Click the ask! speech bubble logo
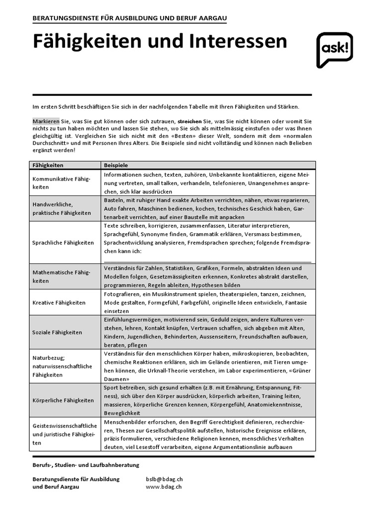click(x=334, y=50)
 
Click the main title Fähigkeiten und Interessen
click(x=160, y=42)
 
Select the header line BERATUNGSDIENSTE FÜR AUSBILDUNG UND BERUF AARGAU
click(x=130, y=18)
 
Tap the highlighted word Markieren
click(x=46, y=121)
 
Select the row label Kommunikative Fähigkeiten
click(x=61, y=183)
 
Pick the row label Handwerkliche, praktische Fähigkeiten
click(x=62, y=208)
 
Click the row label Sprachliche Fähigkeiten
click(x=63, y=243)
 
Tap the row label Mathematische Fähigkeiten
click(x=61, y=276)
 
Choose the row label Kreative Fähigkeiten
click(x=59, y=302)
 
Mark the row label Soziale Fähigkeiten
click(x=58, y=332)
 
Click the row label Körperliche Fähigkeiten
click(x=63, y=400)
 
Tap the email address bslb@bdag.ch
click(x=163, y=479)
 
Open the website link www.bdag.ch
click(x=163, y=487)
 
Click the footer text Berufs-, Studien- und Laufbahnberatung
click(x=86, y=465)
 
